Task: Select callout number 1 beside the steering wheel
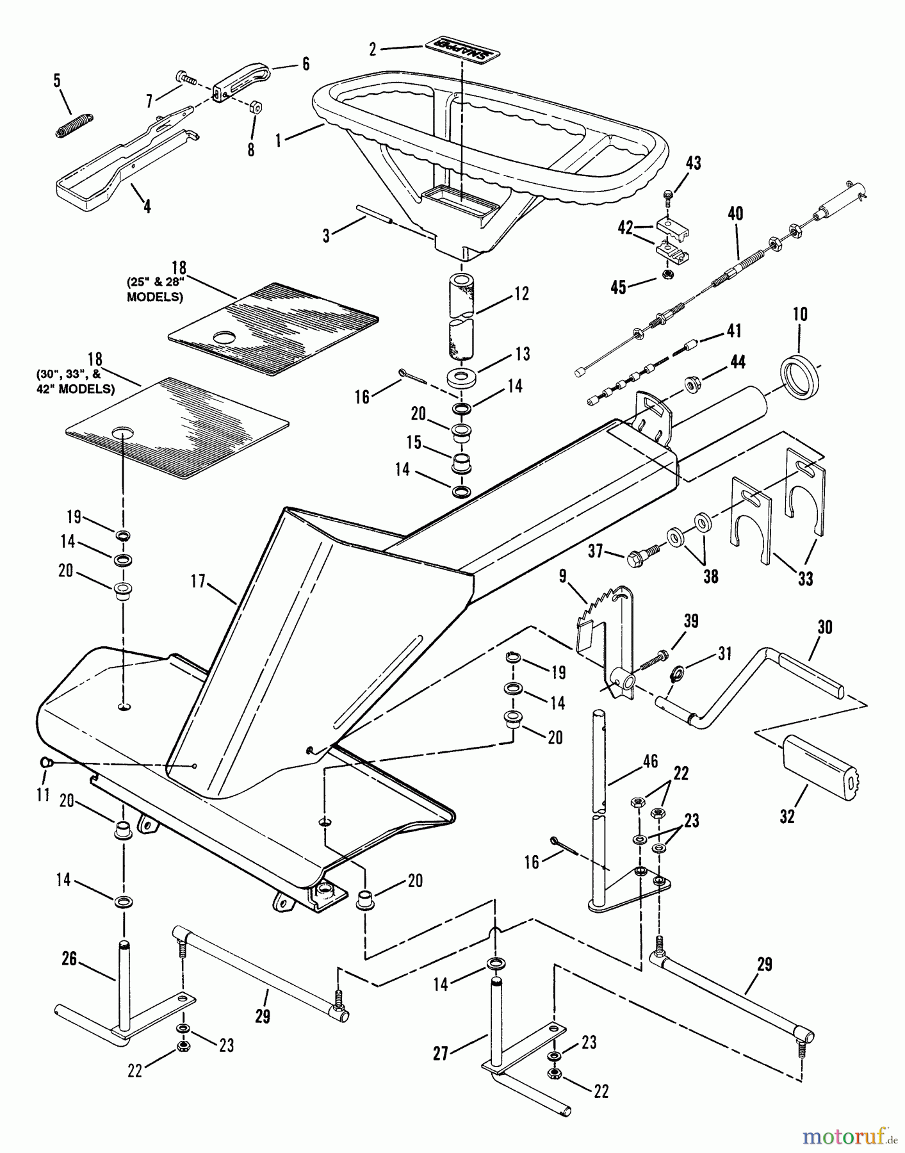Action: (x=278, y=140)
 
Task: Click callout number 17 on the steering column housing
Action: (x=197, y=581)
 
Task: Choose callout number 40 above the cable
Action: (x=735, y=213)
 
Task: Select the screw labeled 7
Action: (x=186, y=78)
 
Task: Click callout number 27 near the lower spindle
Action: (x=441, y=1054)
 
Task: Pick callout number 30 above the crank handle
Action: (x=825, y=627)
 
